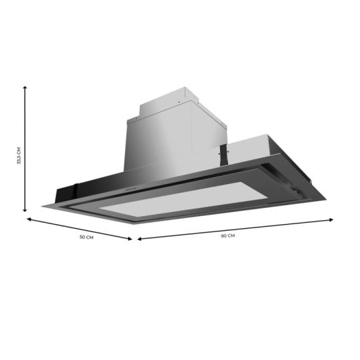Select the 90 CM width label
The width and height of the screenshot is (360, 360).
point(228,236)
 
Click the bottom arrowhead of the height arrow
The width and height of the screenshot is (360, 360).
point(25,211)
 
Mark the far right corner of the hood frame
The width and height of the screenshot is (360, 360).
point(325,199)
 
